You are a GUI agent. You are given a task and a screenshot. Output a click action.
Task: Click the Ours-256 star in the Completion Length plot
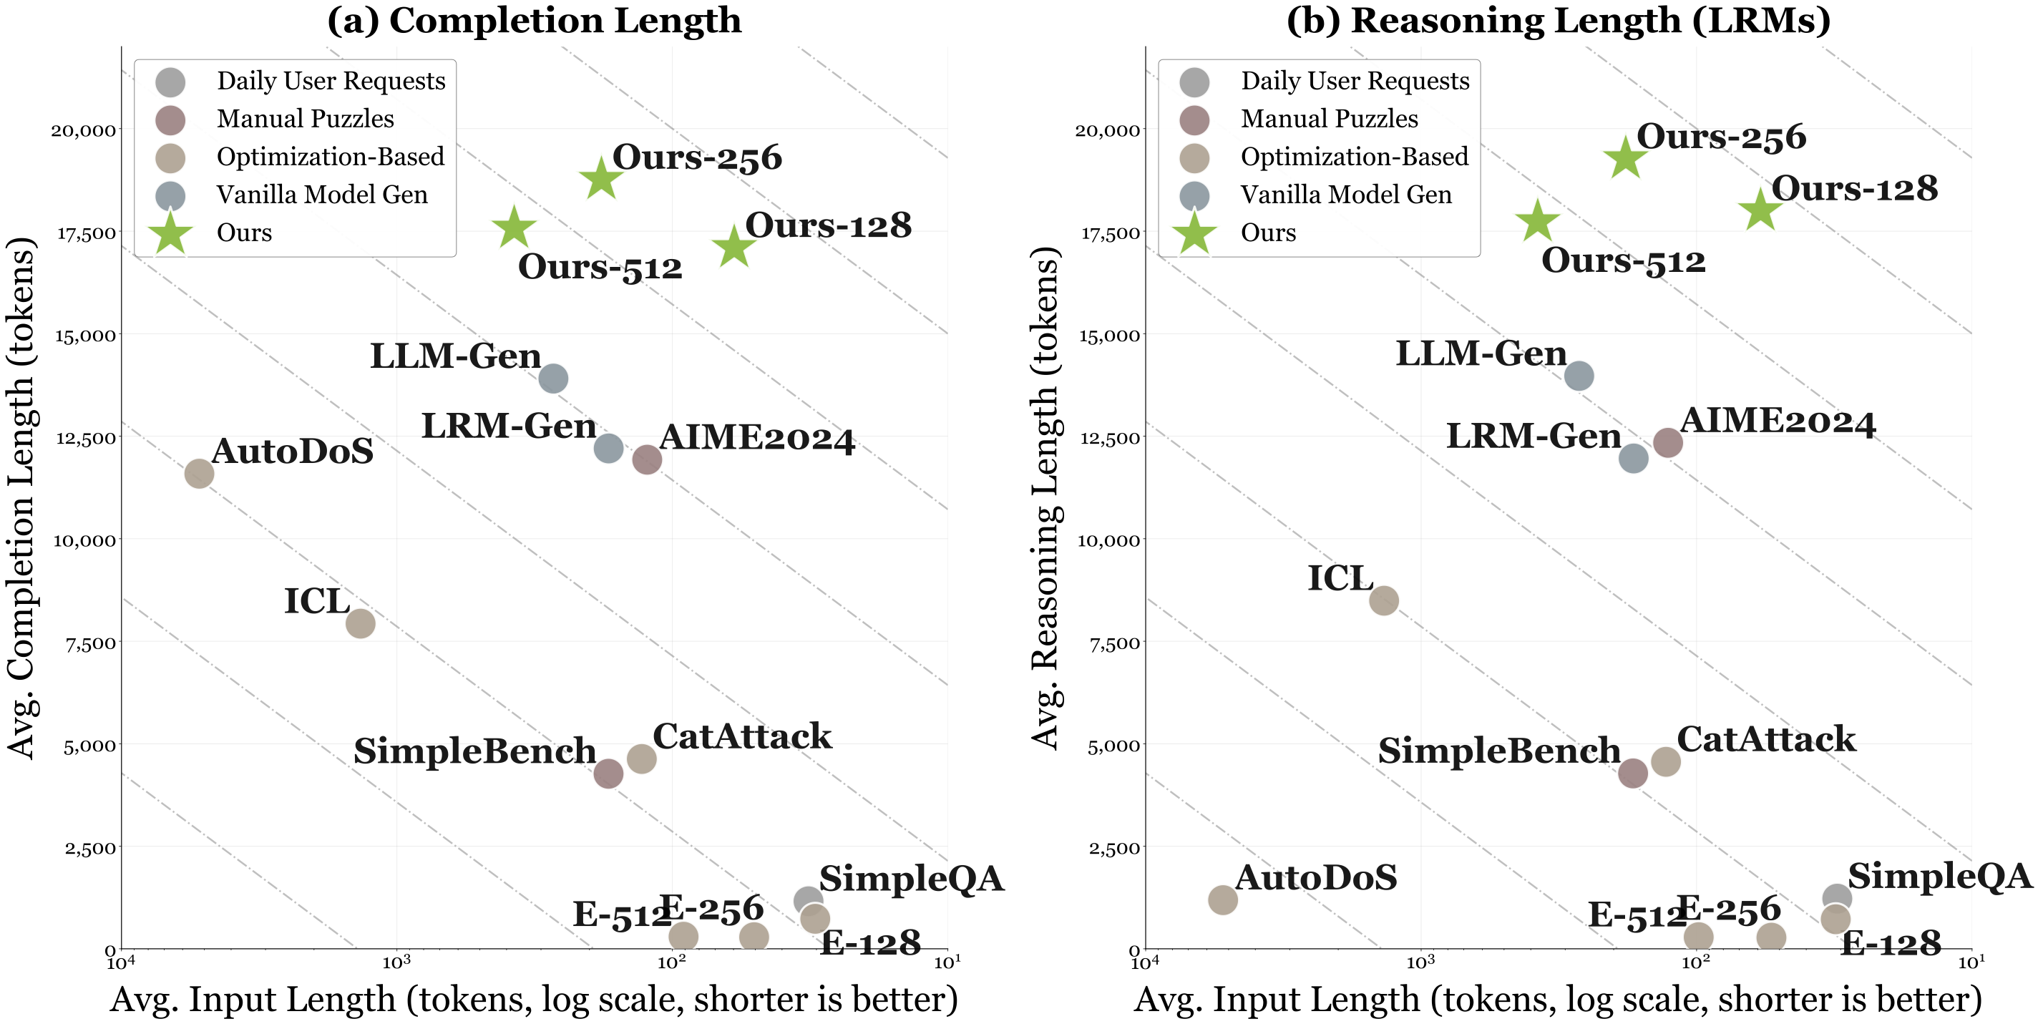(x=601, y=179)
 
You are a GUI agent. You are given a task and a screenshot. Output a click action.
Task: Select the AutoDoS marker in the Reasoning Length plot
(x=1222, y=899)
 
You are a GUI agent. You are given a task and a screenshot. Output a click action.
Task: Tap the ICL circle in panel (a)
(x=360, y=623)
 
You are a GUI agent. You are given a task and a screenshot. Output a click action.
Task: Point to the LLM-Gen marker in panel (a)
(x=553, y=379)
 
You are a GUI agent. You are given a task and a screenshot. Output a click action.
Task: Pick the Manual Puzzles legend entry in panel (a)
(x=305, y=119)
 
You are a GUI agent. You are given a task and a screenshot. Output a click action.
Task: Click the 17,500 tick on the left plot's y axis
(x=87, y=233)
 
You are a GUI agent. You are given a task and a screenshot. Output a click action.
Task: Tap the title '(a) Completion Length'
(x=534, y=21)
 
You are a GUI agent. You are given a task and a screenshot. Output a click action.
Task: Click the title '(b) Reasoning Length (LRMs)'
(x=1558, y=21)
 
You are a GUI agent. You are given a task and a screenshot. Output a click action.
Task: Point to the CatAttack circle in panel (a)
(x=642, y=758)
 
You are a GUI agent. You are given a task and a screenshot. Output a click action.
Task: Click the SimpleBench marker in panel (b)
(x=1632, y=773)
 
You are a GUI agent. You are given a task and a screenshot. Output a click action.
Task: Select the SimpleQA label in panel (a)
(x=911, y=879)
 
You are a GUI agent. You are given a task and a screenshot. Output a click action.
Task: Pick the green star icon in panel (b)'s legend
(x=1194, y=233)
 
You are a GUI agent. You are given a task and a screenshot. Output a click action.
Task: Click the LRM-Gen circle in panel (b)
(x=1633, y=457)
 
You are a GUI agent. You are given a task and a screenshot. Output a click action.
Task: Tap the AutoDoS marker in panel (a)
(x=199, y=473)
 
